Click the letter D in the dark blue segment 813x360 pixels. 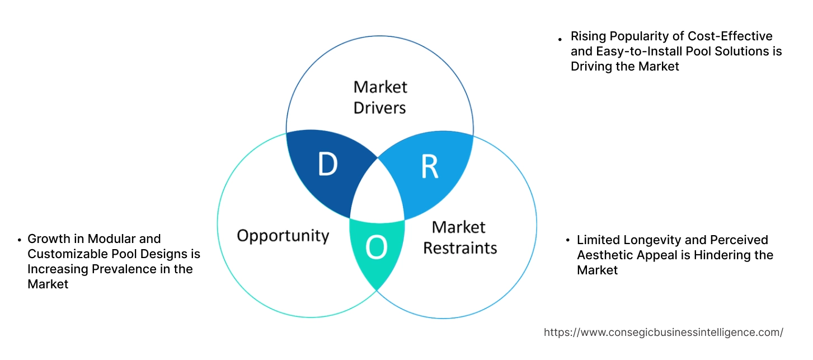tap(327, 164)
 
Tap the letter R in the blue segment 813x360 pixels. tap(429, 166)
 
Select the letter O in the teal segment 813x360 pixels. tap(376, 248)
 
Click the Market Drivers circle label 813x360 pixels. tap(380, 97)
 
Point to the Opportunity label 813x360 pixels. tap(283, 235)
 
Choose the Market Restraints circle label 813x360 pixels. tap(459, 237)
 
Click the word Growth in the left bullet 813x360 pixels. tap(48, 239)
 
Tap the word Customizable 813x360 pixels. tap(63, 254)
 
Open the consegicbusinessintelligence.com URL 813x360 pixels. tap(663, 333)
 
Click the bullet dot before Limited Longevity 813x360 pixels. tap(567, 241)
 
